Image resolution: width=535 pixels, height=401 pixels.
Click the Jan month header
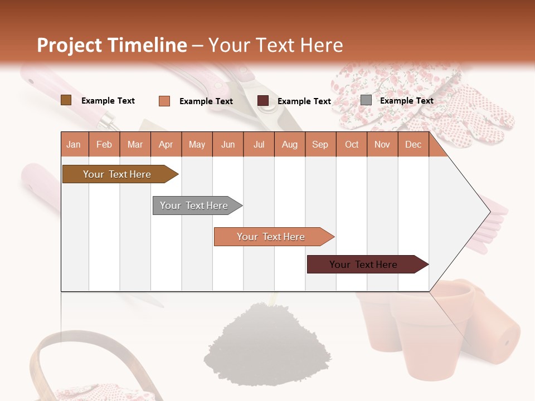pyautogui.click(x=74, y=144)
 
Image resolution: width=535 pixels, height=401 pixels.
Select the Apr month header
pyautogui.click(x=166, y=144)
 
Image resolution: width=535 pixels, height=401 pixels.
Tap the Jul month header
pyautogui.click(x=259, y=144)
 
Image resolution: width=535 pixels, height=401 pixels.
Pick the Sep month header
pyautogui.click(x=320, y=144)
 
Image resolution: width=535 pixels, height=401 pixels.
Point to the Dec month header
pyautogui.click(x=413, y=144)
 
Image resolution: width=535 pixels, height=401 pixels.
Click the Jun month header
pyautogui.click(x=228, y=144)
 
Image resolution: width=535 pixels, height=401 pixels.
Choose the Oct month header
pyautogui.click(x=352, y=144)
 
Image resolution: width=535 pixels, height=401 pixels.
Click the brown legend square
pyautogui.click(x=66, y=100)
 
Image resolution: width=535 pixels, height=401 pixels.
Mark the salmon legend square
pyautogui.click(x=164, y=101)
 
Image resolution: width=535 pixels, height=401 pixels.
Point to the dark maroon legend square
pyautogui.click(x=263, y=101)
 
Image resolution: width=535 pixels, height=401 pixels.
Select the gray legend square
pyautogui.click(x=366, y=100)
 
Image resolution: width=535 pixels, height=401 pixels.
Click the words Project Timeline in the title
pyautogui.click(x=112, y=45)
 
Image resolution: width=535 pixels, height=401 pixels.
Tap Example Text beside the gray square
pyautogui.click(x=406, y=101)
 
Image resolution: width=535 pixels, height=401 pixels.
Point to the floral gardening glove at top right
pyautogui.click(x=424, y=100)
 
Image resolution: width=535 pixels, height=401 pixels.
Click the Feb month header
pyautogui.click(x=104, y=144)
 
